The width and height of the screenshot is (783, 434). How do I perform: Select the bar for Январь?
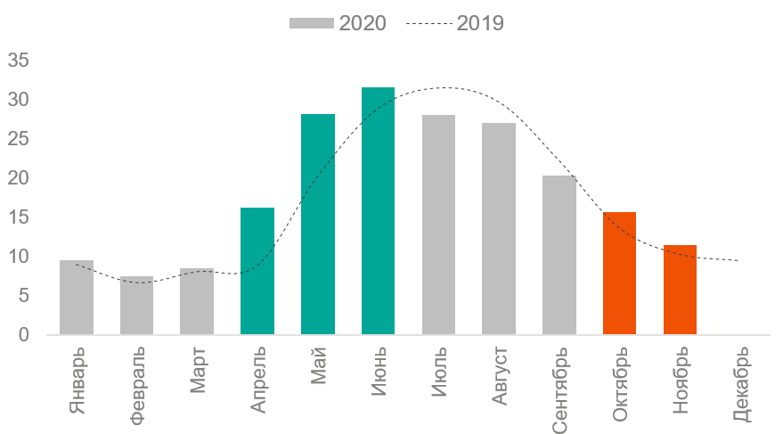click(x=77, y=298)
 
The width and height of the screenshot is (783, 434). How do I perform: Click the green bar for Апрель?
click(x=257, y=272)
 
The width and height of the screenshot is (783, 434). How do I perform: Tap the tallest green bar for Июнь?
click(x=378, y=211)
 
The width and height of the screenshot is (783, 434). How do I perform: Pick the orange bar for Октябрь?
click(x=619, y=274)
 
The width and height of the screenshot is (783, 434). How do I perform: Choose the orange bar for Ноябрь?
click(x=680, y=291)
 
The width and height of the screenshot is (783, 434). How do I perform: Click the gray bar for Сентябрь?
click(x=559, y=256)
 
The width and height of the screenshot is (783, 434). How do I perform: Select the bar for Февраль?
click(x=136, y=306)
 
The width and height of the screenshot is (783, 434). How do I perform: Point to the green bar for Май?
click(x=318, y=225)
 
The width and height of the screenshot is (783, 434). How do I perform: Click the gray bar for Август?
click(x=499, y=229)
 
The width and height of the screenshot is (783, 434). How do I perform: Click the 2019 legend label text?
click(x=480, y=24)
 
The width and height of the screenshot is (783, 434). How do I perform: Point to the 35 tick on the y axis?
click(x=20, y=61)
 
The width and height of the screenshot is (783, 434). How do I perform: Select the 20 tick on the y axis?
click(x=20, y=178)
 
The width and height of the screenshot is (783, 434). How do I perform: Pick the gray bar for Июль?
click(x=438, y=225)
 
